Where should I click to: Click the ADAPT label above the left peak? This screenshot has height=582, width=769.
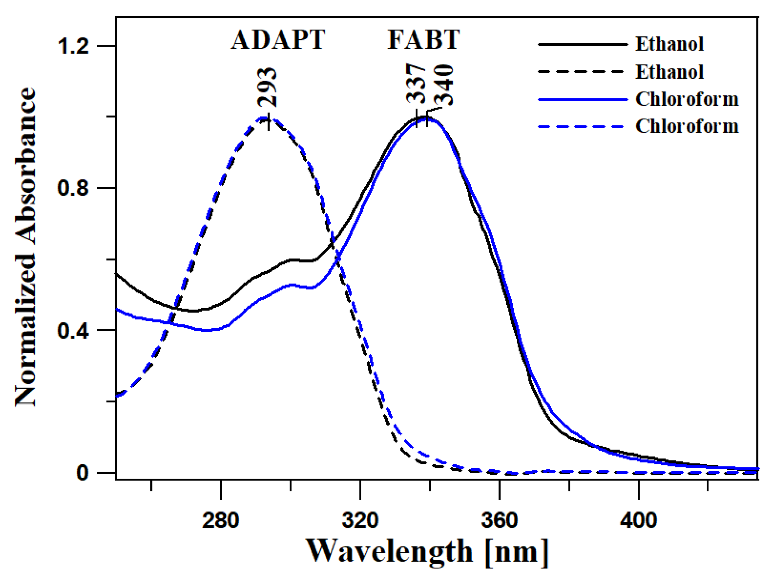[278, 40]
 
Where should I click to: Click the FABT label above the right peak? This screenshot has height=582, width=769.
[423, 40]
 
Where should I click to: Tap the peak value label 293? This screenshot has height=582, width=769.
[267, 88]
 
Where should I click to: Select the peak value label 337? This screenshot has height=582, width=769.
[416, 84]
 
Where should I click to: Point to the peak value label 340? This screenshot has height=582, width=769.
[444, 85]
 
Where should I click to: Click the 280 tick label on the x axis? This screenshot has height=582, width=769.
[220, 520]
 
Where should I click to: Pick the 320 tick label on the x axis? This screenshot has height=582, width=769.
[360, 520]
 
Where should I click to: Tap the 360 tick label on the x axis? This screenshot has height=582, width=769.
[499, 520]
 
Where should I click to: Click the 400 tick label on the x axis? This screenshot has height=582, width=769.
[638, 520]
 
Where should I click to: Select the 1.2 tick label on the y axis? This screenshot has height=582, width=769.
[73, 46]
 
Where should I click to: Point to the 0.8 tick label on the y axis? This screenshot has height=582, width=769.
[73, 188]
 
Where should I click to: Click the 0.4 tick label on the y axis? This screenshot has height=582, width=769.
[73, 330]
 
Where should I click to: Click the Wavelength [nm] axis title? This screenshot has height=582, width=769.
[427, 552]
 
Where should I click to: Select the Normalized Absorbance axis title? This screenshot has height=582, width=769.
[25, 247]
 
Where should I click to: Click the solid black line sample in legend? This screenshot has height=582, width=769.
[582, 44]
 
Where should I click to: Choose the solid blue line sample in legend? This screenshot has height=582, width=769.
[582, 100]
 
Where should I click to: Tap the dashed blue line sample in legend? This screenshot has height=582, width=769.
[582, 127]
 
